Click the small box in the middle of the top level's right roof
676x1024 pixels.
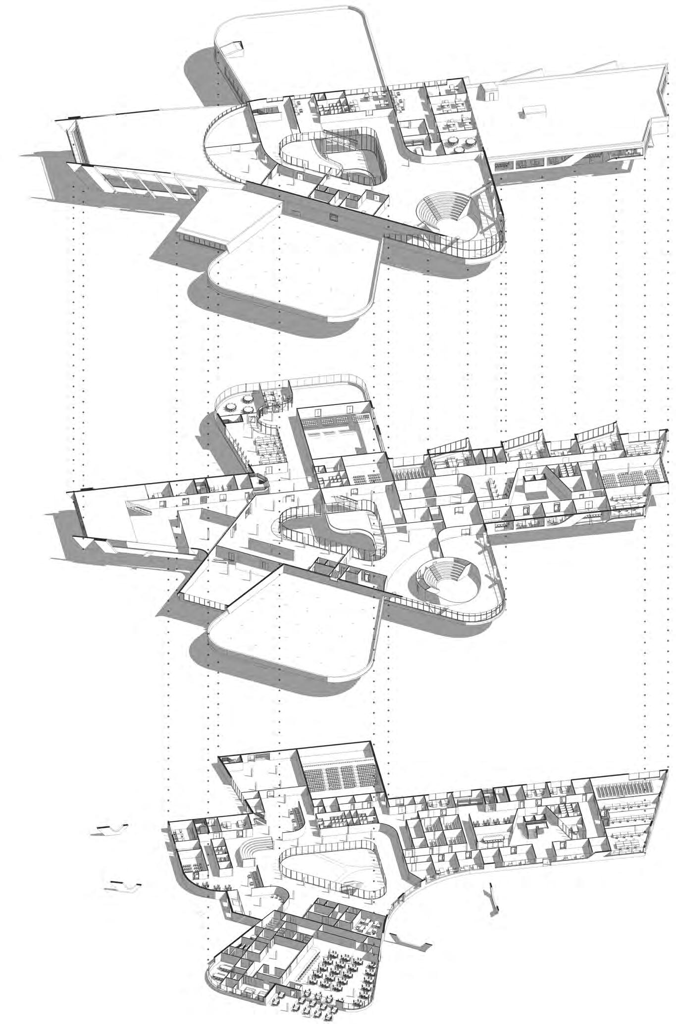531,111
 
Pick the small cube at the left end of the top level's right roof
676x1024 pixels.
488,89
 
